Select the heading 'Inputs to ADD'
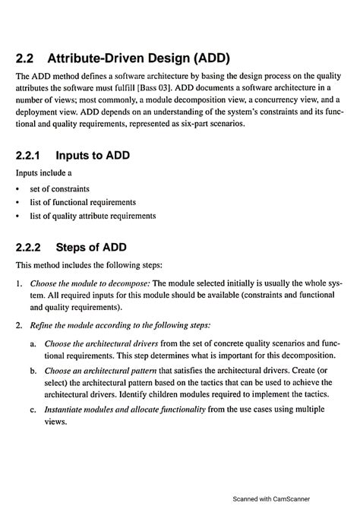(x=93, y=156)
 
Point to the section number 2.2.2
(x=32, y=248)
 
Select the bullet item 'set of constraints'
(x=58, y=188)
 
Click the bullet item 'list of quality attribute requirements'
(x=93, y=216)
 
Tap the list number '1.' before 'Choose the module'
(x=19, y=283)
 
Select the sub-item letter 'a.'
(x=34, y=343)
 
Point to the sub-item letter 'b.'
(x=34, y=371)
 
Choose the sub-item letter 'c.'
(x=34, y=409)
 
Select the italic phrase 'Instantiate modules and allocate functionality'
(x=125, y=409)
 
